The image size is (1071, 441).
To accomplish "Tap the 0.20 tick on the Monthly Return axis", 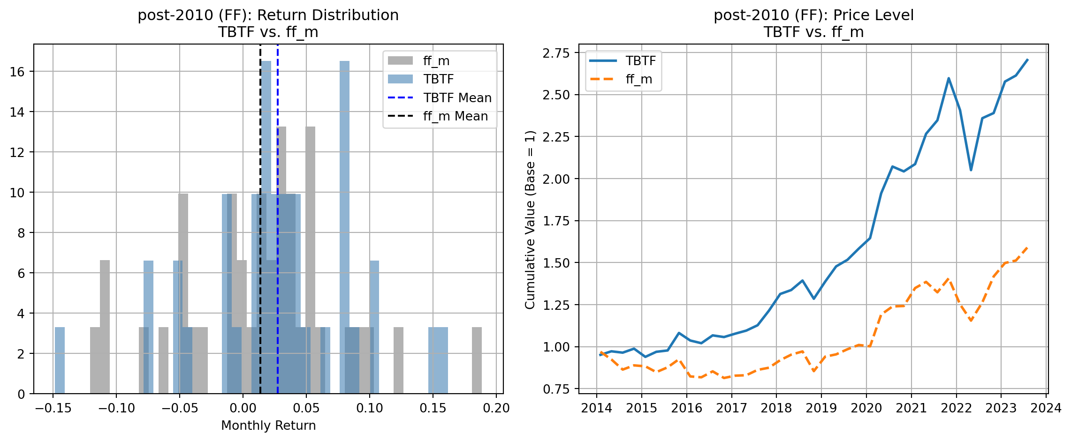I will [496, 408].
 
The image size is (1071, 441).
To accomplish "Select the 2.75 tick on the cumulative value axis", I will [556, 53].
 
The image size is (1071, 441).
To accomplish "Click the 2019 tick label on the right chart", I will [821, 408].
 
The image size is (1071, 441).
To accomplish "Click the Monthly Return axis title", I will [268, 426].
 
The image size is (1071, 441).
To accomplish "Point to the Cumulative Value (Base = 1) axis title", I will [530, 220].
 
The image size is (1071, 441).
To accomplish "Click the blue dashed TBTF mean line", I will [278, 281].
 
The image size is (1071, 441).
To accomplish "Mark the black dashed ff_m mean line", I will [260, 281].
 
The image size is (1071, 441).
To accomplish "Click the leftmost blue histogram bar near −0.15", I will [60, 360].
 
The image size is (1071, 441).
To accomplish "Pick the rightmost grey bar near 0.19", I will [477, 360].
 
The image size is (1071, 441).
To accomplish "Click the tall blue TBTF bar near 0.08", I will [344, 225].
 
